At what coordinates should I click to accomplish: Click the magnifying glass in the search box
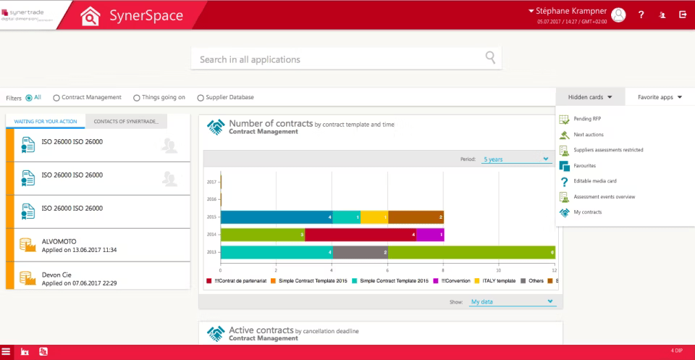(491, 58)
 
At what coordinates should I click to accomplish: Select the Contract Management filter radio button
(56, 97)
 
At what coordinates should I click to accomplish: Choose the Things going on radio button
(137, 97)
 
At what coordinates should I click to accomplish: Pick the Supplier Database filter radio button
(201, 97)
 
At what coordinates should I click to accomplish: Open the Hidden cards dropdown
(590, 97)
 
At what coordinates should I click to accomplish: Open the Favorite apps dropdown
(660, 97)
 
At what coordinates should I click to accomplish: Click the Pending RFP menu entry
(587, 119)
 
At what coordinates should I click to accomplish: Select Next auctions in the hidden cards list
(588, 135)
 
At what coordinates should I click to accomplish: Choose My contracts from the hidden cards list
(587, 212)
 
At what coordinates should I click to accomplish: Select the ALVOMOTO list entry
(80, 245)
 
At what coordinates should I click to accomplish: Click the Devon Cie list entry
(80, 279)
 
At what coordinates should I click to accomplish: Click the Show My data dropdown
(513, 301)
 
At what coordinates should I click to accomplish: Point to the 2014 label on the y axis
(211, 235)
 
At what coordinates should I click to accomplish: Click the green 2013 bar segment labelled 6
(471, 252)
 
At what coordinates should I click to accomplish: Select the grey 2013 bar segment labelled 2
(360, 252)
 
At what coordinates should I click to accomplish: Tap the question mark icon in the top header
(641, 14)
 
